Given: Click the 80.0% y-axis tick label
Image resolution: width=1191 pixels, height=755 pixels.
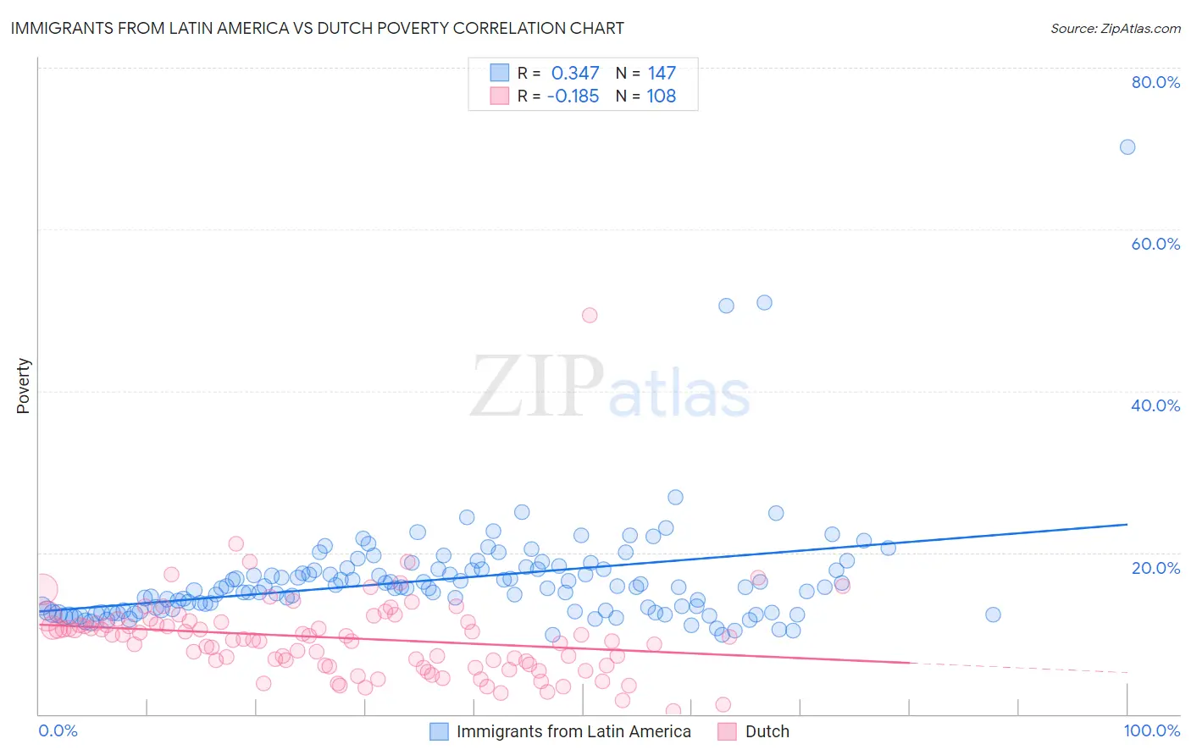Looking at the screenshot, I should [1155, 82].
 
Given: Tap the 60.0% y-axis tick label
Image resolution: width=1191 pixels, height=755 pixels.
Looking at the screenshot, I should [1155, 244].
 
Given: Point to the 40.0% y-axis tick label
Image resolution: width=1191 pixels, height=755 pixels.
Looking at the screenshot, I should [1155, 405].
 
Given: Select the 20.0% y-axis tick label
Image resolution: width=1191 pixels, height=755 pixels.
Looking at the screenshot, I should [1155, 568].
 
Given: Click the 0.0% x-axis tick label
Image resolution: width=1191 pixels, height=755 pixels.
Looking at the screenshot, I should [58, 730].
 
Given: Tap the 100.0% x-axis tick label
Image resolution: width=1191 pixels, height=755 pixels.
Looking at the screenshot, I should [1151, 730].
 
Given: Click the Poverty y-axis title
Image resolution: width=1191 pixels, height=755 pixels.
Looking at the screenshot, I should [23, 386].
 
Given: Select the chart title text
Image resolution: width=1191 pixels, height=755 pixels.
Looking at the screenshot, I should [317, 28].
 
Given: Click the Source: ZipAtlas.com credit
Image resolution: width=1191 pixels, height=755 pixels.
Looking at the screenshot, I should [1115, 28].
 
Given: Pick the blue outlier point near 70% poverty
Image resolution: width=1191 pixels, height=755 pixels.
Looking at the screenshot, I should [1127, 147].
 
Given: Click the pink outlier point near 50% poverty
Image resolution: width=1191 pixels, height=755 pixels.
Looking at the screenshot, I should [590, 315].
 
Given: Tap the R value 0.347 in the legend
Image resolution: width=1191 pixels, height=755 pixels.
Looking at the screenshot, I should [575, 74].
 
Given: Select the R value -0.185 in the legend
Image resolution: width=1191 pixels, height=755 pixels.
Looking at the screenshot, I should [573, 96].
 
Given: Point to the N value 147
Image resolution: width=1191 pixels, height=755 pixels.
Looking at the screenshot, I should [662, 74].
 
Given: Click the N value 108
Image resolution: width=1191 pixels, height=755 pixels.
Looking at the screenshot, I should [662, 96].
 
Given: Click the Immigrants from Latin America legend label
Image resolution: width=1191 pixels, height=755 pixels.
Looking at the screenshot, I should [573, 731].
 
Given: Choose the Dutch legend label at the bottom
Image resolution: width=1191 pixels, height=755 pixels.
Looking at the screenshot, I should [767, 731].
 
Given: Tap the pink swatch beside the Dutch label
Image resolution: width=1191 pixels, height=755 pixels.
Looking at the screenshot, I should [726, 731].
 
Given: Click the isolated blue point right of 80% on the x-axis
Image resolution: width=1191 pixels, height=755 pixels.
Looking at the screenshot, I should [993, 614].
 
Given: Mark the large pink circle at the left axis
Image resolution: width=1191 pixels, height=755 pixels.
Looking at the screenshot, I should [42, 589].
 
